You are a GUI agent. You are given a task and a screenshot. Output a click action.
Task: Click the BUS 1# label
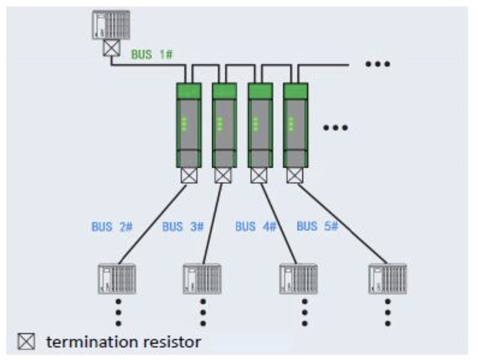tap(152, 54)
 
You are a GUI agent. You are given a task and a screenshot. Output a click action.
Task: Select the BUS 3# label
tap(183, 227)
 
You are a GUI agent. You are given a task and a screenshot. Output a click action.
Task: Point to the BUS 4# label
tap(256, 227)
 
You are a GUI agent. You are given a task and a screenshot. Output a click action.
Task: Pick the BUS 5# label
tap(317, 226)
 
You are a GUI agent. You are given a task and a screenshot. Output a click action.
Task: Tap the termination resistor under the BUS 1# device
tap(112, 49)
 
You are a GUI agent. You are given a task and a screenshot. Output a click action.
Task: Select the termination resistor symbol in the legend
tap(26, 343)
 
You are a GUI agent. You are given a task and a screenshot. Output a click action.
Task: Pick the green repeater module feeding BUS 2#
tap(189, 125)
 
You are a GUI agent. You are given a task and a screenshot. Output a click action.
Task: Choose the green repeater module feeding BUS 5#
tap(295, 125)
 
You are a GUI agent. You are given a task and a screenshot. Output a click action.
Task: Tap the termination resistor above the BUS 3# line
tap(223, 175)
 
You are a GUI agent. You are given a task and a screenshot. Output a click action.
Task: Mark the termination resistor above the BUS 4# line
tap(259, 175)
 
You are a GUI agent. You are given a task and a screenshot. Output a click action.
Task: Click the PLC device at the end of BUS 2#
tap(117, 279)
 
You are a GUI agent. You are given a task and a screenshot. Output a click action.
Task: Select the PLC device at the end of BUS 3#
tap(201, 279)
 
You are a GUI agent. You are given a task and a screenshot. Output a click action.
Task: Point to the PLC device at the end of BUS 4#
tap(298, 279)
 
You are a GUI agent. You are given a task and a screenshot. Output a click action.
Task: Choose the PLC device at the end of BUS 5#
tap(387, 279)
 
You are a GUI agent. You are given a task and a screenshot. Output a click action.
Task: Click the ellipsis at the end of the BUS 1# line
tap(377, 64)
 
